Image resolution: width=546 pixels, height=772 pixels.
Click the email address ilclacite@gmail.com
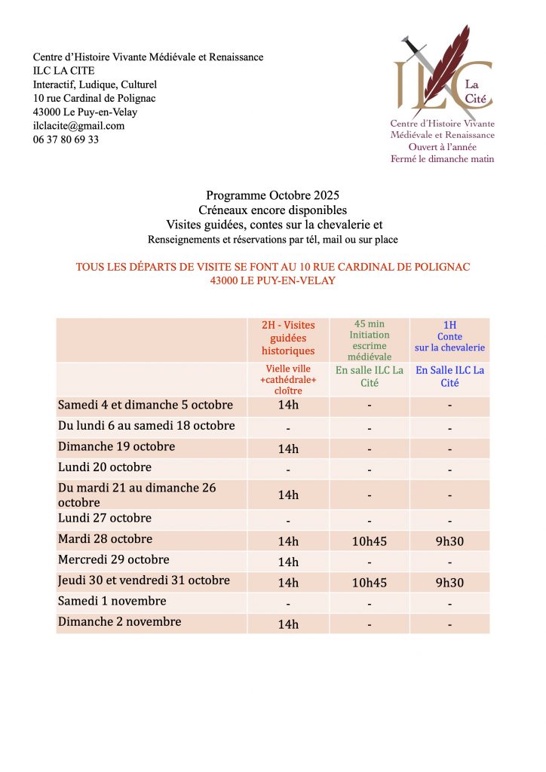pos(78,126)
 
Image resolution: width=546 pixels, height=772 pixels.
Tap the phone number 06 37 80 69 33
pos(66,139)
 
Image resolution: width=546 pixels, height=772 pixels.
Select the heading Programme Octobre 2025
pos(272,196)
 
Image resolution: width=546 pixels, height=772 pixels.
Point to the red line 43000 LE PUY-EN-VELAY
pos(273,280)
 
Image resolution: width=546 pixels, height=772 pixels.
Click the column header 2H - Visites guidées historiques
pos(288,338)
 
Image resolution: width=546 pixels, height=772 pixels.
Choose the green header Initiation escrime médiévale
pos(370,340)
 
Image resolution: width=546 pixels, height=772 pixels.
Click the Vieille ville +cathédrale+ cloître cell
pos(288,380)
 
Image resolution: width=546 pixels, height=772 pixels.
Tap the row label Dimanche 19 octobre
pos(116,446)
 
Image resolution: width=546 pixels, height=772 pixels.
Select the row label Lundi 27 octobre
pos(105,518)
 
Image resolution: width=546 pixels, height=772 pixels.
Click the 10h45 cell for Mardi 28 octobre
pos(370,541)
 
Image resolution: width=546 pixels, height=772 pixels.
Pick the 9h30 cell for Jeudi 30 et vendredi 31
pos(449,583)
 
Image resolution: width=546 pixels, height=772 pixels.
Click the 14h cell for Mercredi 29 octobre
pos(288,562)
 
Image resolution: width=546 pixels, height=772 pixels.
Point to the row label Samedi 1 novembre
pos(112,601)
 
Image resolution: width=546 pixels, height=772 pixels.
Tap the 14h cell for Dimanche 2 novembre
pos(288,624)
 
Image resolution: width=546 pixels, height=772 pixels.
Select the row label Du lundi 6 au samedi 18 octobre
pos(146,426)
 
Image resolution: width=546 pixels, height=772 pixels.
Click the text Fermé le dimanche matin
pos(442,158)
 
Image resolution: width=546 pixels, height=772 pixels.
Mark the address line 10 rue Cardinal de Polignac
pos(94,99)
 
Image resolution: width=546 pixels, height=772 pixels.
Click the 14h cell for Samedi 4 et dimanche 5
pos(288,406)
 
